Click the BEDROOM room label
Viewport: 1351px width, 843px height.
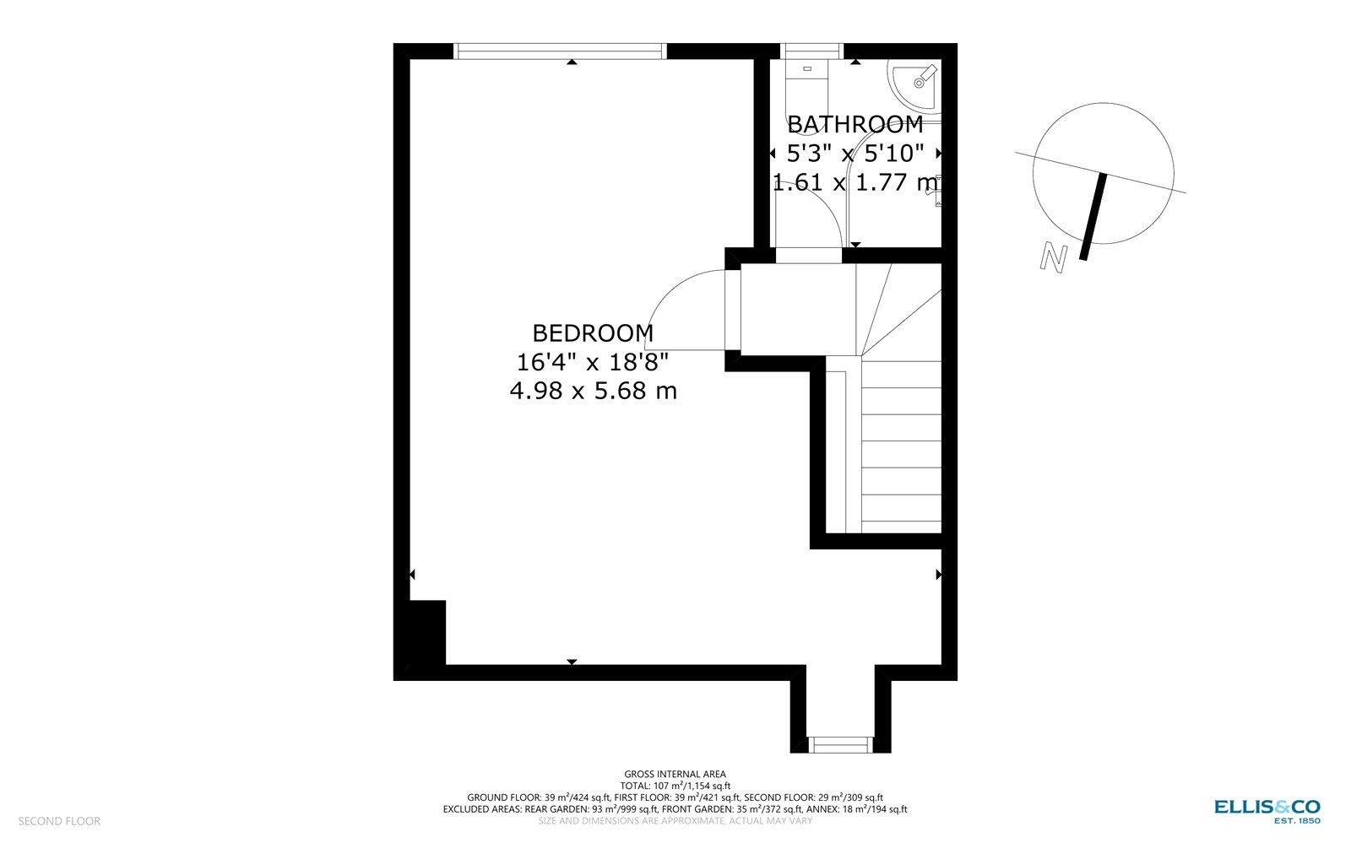coord(593,333)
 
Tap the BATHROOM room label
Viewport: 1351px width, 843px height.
coord(855,125)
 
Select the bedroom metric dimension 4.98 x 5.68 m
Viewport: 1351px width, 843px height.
coord(593,391)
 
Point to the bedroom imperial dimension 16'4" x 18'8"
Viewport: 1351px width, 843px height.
coord(593,362)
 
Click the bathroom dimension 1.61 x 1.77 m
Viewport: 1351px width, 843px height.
coord(855,182)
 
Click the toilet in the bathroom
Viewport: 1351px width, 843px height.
coord(807,76)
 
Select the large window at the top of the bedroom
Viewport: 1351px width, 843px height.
coord(560,51)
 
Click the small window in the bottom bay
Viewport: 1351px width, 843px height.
coord(840,744)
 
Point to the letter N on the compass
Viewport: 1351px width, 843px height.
coord(1053,257)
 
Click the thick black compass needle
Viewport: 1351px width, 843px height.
coord(1093,216)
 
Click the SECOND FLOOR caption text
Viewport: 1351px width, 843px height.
coord(59,821)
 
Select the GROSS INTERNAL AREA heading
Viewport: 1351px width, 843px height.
coord(675,774)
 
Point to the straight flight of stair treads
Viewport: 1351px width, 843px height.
coord(901,447)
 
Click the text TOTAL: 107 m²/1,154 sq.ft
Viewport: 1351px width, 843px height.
coord(675,786)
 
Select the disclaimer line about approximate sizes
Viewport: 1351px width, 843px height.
coord(675,820)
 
